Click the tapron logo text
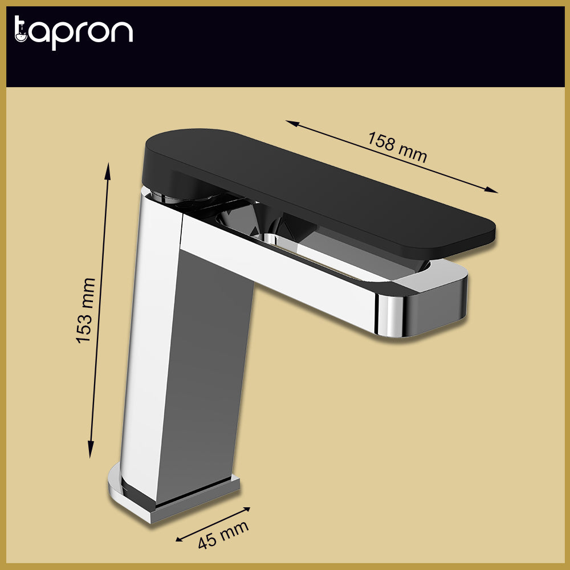coord(73,32)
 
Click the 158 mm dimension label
coord(397,147)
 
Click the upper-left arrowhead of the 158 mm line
coord(290,123)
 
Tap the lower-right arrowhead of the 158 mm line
coord(494,191)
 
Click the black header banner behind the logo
coord(342,46)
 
